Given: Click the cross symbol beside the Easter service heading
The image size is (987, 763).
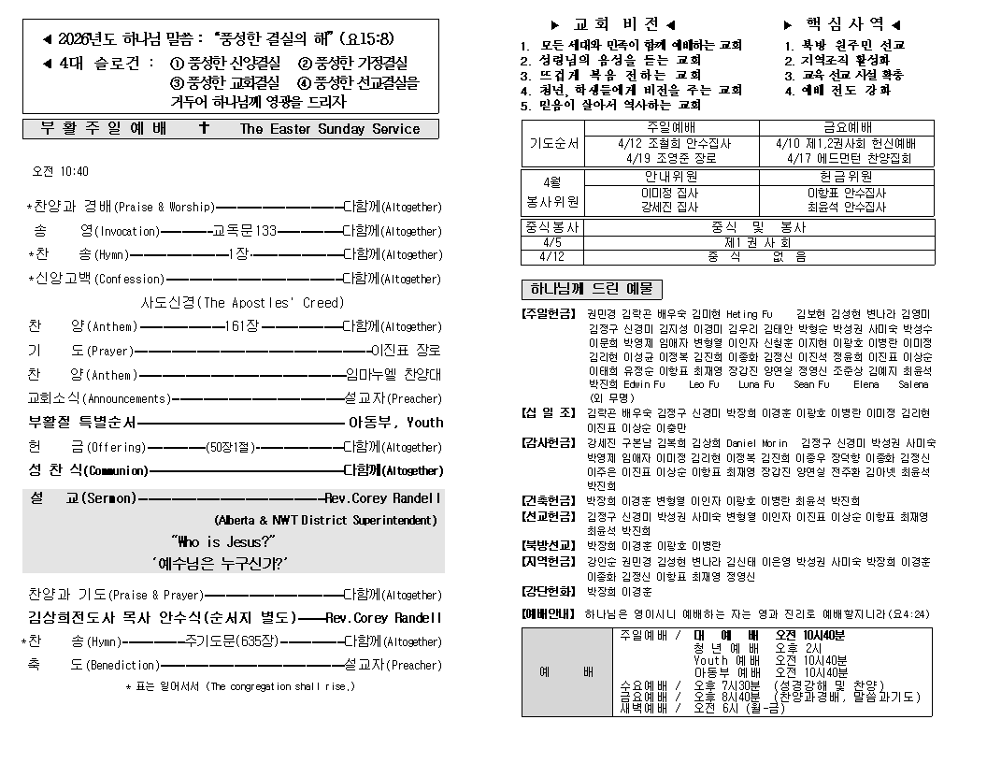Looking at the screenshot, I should point(205,128).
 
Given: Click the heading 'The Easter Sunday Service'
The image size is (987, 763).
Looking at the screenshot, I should point(330,129).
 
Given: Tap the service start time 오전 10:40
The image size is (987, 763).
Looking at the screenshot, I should point(61,171).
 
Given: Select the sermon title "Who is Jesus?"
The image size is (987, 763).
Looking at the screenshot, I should point(222,541).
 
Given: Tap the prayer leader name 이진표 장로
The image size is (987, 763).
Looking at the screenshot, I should point(406,351).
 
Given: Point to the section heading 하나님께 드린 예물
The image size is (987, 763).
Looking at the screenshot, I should point(591,289).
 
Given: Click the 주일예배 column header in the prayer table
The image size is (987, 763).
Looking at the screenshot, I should point(669,127).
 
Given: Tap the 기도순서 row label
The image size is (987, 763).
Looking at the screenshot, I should point(553,144).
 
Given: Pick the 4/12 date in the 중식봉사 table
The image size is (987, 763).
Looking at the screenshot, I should point(552,255).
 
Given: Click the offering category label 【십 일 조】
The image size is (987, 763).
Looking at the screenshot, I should point(549,412).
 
